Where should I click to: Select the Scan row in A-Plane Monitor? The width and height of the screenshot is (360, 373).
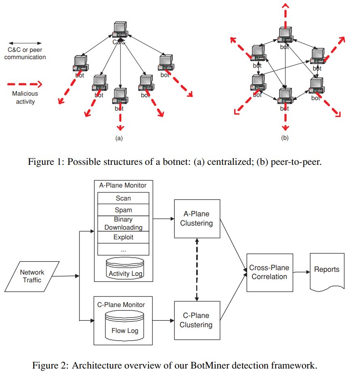pos(123,198)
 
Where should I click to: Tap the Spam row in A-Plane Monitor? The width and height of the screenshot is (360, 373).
pos(123,210)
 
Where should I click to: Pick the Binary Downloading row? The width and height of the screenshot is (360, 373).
pos(123,223)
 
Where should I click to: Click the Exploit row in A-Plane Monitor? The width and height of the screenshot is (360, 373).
pos(123,237)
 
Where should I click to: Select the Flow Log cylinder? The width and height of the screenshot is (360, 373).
pos(125,324)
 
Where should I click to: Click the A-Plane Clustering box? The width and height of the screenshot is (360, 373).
pos(197,219)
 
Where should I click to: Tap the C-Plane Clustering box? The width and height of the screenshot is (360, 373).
pos(197,320)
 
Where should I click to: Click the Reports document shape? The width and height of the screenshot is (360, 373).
pos(327,271)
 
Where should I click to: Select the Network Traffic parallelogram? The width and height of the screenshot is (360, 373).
pos(32,276)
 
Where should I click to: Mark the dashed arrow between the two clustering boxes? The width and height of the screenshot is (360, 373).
pos(197,269)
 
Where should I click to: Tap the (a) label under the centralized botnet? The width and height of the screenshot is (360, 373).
pos(119,138)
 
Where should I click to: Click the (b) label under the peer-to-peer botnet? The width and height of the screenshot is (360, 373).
pos(285,138)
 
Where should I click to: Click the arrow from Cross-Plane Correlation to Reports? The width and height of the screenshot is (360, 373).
pos(301,272)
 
